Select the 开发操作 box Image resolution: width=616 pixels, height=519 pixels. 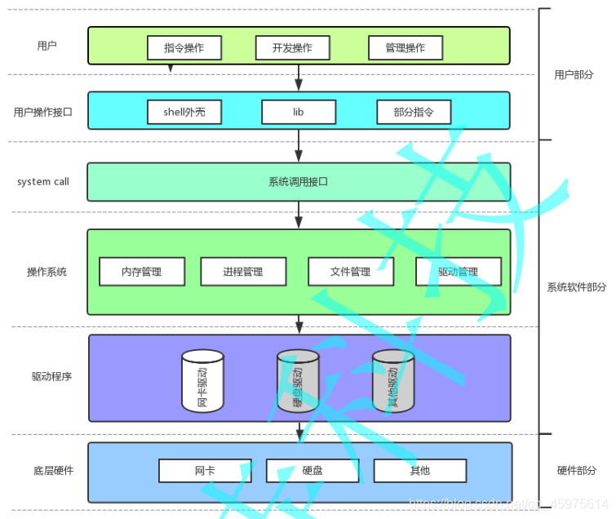coord(294,48)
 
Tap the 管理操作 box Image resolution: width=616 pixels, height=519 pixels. coord(405,48)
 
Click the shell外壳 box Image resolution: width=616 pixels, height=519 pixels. coord(184,112)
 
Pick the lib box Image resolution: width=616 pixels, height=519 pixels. coord(298,112)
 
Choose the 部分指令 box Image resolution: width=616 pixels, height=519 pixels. coord(414,112)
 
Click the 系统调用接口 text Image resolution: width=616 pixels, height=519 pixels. coord(298,182)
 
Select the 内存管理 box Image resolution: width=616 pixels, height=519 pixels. coord(142,272)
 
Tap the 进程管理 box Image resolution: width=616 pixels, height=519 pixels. coord(243,272)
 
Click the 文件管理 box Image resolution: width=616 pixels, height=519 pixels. coord(351,272)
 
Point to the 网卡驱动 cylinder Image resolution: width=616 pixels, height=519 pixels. coord(202,381)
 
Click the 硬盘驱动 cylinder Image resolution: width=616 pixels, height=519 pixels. coord(298,381)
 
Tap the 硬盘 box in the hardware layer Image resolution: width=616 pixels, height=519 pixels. coord(312,471)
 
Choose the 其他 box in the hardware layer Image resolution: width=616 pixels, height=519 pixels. coord(419,471)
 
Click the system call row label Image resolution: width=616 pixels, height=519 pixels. coord(43,182)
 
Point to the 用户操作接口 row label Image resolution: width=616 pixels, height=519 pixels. coord(43,113)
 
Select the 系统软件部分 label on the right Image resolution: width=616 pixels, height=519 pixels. coord(577,288)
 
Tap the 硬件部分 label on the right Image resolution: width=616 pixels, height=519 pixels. coord(576,471)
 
